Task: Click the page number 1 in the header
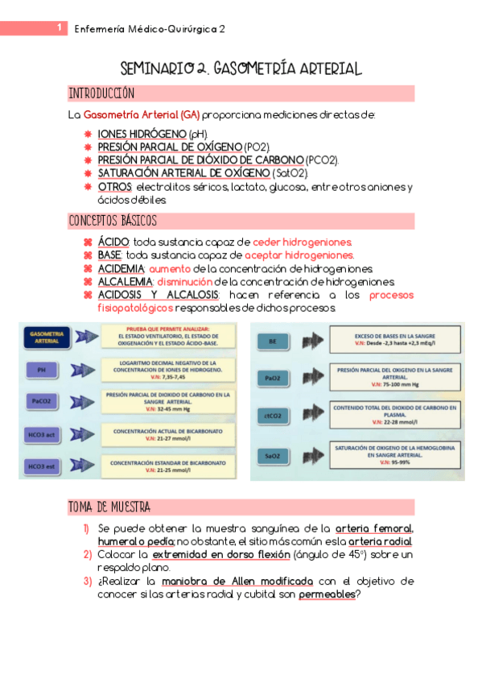click(x=60, y=28)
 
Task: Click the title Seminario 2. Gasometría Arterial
click(x=241, y=69)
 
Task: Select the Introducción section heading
click(x=101, y=93)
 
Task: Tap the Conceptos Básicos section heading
click(x=113, y=221)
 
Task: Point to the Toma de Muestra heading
click(x=109, y=507)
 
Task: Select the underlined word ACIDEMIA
click(x=121, y=269)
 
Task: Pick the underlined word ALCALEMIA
click(x=125, y=282)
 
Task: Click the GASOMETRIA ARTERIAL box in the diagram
click(x=47, y=337)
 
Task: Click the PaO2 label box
click(x=272, y=377)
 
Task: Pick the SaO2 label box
click(x=272, y=456)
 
